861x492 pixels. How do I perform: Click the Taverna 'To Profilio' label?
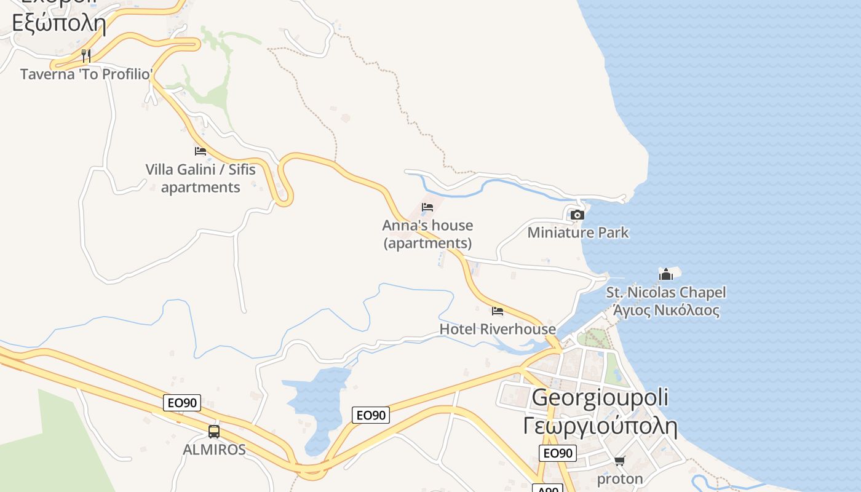click(x=86, y=74)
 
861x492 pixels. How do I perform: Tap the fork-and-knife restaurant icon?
click(x=86, y=56)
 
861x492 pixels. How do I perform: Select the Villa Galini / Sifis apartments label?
click(x=200, y=178)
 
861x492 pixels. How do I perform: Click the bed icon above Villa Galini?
click(x=200, y=151)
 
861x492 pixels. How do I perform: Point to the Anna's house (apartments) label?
click(x=428, y=234)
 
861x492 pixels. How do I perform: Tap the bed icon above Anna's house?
click(x=427, y=207)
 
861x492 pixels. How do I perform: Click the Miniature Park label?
click(x=578, y=232)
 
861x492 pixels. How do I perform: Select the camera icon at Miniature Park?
click(x=577, y=215)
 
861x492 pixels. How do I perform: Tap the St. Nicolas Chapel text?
click(x=666, y=292)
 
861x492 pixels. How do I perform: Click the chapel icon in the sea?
click(x=665, y=274)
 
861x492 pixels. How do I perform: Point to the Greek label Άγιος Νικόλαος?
click(x=666, y=309)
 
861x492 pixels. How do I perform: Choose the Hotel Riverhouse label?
click(x=498, y=329)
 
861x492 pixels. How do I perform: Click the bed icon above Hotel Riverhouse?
click(x=498, y=311)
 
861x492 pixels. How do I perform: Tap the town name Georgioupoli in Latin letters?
click(x=600, y=397)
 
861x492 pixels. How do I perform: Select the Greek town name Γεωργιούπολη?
click(x=600, y=426)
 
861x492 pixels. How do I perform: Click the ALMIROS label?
click(x=214, y=450)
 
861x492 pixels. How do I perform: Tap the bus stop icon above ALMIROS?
click(x=214, y=432)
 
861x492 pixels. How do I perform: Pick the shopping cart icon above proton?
click(x=620, y=461)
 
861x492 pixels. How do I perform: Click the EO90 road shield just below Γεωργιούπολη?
click(x=558, y=453)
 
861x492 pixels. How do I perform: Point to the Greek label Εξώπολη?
click(x=59, y=23)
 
